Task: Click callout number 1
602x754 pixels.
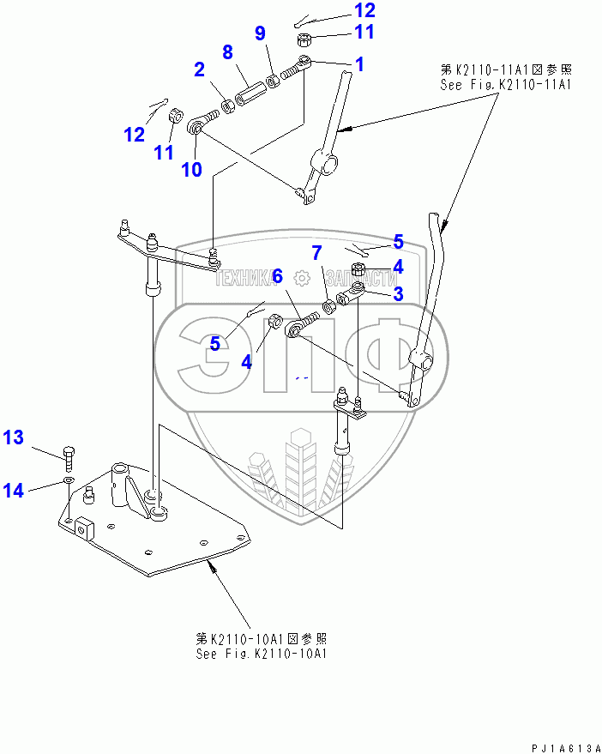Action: (359, 63)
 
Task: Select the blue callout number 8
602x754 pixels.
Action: (227, 51)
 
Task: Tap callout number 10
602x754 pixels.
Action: (191, 169)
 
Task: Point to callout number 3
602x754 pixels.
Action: (397, 294)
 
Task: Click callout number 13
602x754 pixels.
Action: (14, 437)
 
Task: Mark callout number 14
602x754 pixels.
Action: (14, 490)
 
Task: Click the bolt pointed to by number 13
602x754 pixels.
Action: (69, 452)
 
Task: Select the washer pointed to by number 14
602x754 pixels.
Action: (68, 483)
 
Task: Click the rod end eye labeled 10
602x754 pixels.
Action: (196, 128)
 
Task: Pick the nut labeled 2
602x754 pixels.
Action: (228, 106)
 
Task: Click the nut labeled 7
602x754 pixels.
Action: (328, 306)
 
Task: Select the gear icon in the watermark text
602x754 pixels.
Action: (300, 277)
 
